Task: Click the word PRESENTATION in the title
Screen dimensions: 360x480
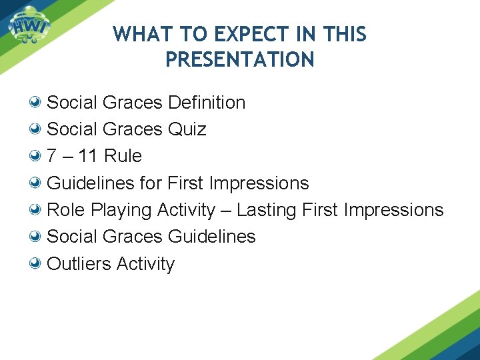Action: (x=239, y=60)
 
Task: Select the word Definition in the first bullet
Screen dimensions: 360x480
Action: (x=207, y=103)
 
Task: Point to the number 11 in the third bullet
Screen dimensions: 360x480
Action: (x=88, y=156)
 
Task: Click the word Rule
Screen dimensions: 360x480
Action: (x=123, y=156)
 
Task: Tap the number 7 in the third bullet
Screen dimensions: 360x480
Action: (x=52, y=156)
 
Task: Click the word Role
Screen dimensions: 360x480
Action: (x=65, y=210)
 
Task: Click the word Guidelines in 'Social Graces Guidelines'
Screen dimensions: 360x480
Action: (x=212, y=237)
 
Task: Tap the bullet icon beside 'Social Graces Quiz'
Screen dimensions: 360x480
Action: (x=37, y=129)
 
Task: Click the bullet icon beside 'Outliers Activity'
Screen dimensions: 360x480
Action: (x=37, y=264)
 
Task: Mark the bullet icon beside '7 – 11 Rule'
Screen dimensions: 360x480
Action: (x=37, y=156)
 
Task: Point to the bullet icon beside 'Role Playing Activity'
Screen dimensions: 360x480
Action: (x=37, y=210)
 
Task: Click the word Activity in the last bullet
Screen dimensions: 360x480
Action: (x=145, y=264)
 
